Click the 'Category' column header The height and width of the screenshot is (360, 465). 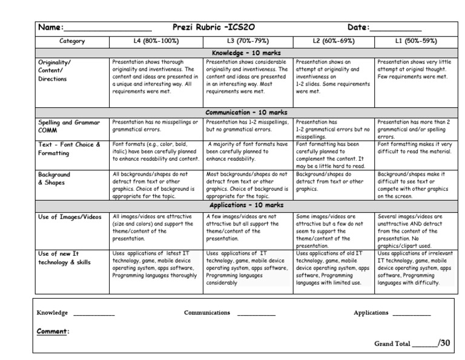[x=72, y=41]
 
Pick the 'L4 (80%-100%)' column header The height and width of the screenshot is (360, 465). [x=156, y=41]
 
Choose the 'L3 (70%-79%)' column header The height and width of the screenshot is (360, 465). [x=248, y=41]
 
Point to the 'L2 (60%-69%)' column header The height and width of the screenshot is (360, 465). [x=334, y=41]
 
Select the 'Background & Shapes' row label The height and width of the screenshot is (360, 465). [x=54, y=178]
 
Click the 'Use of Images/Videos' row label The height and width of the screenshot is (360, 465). [x=68, y=217]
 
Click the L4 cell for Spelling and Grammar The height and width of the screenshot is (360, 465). [x=156, y=125]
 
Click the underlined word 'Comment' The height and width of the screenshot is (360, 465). [x=52, y=332]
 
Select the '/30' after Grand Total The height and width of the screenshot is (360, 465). [x=444, y=343]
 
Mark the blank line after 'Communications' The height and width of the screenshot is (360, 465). [x=256, y=314]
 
